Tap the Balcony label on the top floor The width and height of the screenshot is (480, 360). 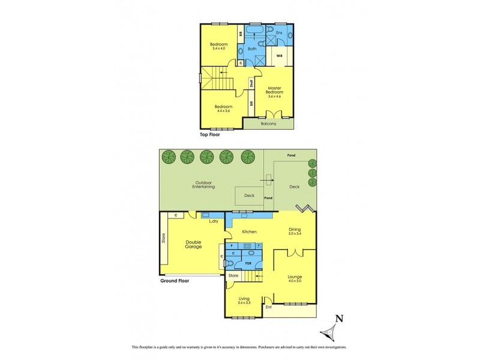pyautogui.click(x=268, y=124)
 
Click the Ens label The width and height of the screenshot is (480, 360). pyautogui.click(x=279, y=32)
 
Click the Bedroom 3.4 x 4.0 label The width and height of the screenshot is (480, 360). pyautogui.click(x=218, y=47)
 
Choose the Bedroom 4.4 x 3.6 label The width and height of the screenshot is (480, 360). pyautogui.click(x=224, y=109)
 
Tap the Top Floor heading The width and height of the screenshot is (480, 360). pyautogui.click(x=212, y=135)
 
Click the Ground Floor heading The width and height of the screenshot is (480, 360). pyautogui.click(x=175, y=280)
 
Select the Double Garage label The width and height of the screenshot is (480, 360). pyautogui.click(x=193, y=244)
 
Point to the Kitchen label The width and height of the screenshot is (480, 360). pyautogui.click(x=249, y=231)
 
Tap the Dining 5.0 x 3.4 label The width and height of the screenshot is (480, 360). pyautogui.click(x=295, y=231)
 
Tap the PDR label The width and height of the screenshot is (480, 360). pyautogui.click(x=248, y=263)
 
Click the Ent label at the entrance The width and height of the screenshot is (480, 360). pyautogui.click(x=269, y=308)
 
